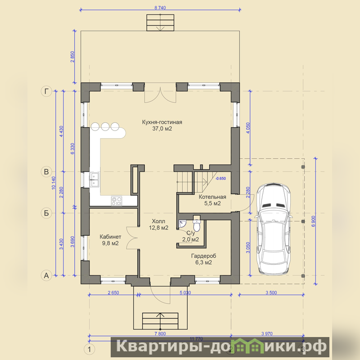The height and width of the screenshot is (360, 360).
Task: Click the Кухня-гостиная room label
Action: [162, 125]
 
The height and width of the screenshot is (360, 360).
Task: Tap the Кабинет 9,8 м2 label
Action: [110, 240]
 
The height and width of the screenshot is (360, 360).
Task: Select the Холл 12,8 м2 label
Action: [159, 225]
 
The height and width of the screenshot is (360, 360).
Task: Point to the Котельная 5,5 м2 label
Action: [212, 200]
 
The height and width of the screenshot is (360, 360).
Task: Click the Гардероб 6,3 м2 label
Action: [204, 259]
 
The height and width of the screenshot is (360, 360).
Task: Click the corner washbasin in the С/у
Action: [182, 224]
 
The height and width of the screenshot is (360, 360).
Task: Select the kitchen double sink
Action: [94, 180]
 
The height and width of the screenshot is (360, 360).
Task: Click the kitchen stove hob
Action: [117, 201]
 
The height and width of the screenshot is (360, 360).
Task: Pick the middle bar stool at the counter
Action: [105, 126]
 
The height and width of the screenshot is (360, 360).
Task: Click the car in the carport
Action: [273, 229]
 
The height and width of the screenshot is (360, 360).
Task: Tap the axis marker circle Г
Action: [46, 91]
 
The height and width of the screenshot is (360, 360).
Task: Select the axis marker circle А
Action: [46, 275]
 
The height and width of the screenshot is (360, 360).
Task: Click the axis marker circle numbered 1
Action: [89, 350]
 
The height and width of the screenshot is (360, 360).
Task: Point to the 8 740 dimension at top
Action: [160, 8]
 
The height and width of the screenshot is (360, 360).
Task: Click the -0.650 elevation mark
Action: [220, 178]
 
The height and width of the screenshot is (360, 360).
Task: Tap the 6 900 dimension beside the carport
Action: [314, 221]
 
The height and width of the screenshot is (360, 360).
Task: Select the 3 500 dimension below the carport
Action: [271, 292]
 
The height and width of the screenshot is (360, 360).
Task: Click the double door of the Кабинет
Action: [132, 238]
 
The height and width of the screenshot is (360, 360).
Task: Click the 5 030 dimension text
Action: [185, 292]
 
